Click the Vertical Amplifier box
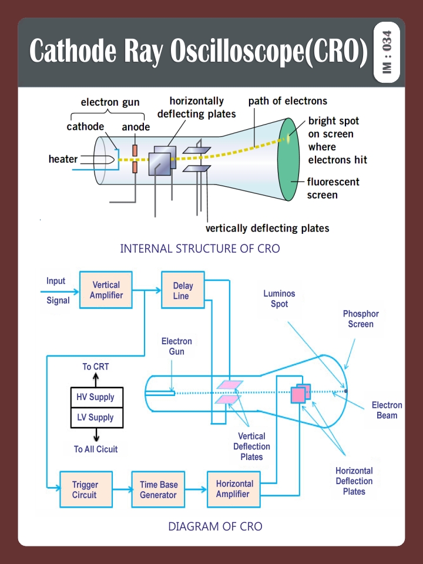(106, 290)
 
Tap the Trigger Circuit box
(85, 489)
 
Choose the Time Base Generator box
(157, 489)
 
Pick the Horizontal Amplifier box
(234, 489)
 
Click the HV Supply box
(96, 397)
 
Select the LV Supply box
(96, 418)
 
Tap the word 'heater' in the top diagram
(63, 159)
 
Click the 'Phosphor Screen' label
(361, 319)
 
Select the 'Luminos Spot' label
(280, 298)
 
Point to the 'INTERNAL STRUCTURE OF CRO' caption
(200, 249)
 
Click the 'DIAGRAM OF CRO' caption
(215, 526)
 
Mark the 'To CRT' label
(95, 367)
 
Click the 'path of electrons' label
(288, 101)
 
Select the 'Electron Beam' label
(387, 410)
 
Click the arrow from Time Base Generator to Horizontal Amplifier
(193, 489)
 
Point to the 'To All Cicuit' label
(95, 449)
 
